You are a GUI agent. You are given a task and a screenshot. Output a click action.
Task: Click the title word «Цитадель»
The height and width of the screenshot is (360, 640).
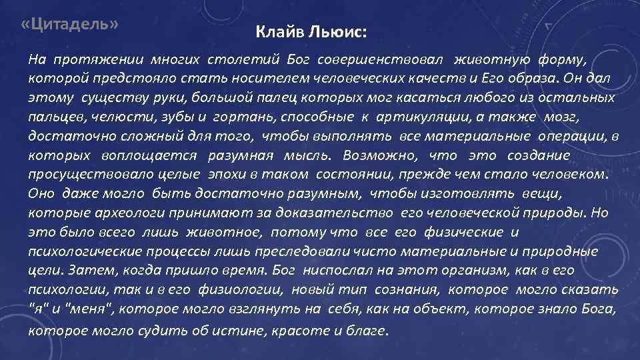point(69,24)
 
